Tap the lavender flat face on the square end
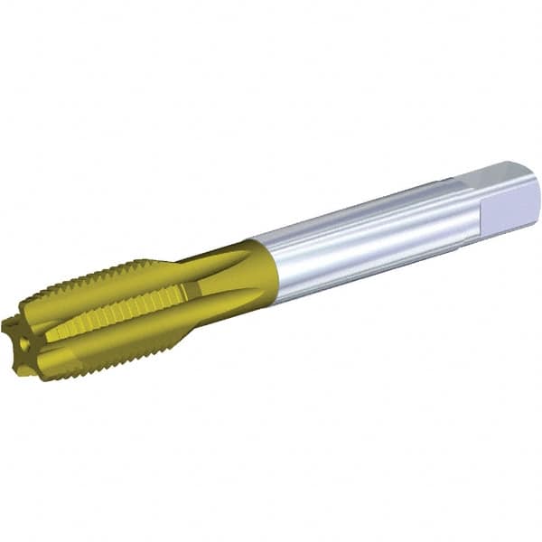click(x=510, y=207)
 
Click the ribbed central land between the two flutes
click(x=117, y=312)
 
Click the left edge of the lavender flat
click(x=482, y=213)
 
